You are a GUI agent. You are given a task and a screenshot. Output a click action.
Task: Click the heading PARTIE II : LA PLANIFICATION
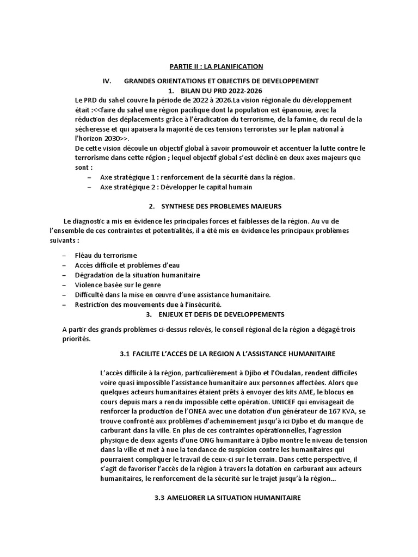pos(209,66)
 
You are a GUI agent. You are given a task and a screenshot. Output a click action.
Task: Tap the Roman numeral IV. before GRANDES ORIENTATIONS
pos(107,81)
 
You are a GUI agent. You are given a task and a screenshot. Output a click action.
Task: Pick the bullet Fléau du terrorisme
pos(106,255)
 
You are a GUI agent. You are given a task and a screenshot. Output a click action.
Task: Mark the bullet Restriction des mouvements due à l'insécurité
pos(149,304)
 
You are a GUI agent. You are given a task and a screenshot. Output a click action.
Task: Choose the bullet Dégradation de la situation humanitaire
pos(138,275)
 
